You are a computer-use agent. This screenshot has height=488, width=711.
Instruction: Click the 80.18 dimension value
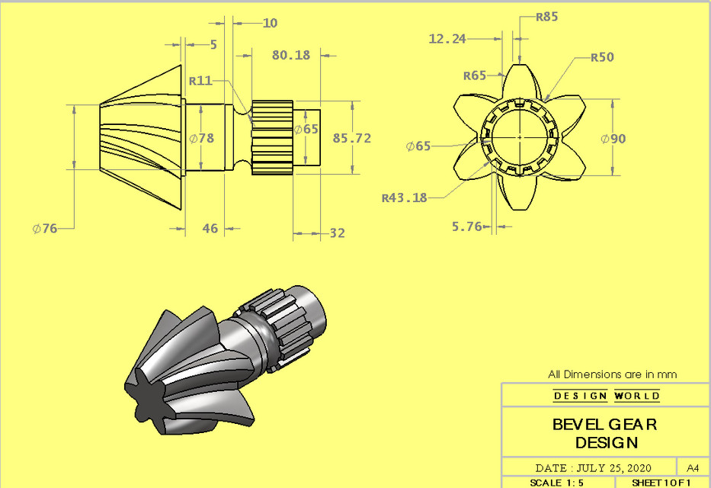click(x=290, y=55)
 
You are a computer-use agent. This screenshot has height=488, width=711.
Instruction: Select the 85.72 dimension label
click(x=352, y=138)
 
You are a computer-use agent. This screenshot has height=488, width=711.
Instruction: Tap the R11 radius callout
click(x=201, y=80)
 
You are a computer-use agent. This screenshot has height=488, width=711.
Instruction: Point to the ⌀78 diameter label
click(x=201, y=138)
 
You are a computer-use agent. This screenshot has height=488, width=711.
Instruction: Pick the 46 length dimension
click(x=209, y=228)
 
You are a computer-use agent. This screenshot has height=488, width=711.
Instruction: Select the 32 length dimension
click(x=336, y=233)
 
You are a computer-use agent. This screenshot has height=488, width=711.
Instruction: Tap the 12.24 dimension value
click(x=447, y=38)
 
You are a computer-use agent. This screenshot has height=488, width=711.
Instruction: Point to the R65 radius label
click(x=475, y=75)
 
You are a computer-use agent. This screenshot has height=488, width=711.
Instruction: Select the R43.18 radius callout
click(x=405, y=198)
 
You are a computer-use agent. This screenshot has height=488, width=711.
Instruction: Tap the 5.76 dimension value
click(x=468, y=226)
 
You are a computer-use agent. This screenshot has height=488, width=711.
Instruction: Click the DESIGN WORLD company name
click(x=607, y=396)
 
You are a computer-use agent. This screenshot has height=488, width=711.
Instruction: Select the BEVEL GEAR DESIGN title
click(x=606, y=433)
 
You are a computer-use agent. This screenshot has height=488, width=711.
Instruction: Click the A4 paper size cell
click(x=693, y=467)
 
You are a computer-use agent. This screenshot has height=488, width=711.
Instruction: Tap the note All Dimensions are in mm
click(x=612, y=374)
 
